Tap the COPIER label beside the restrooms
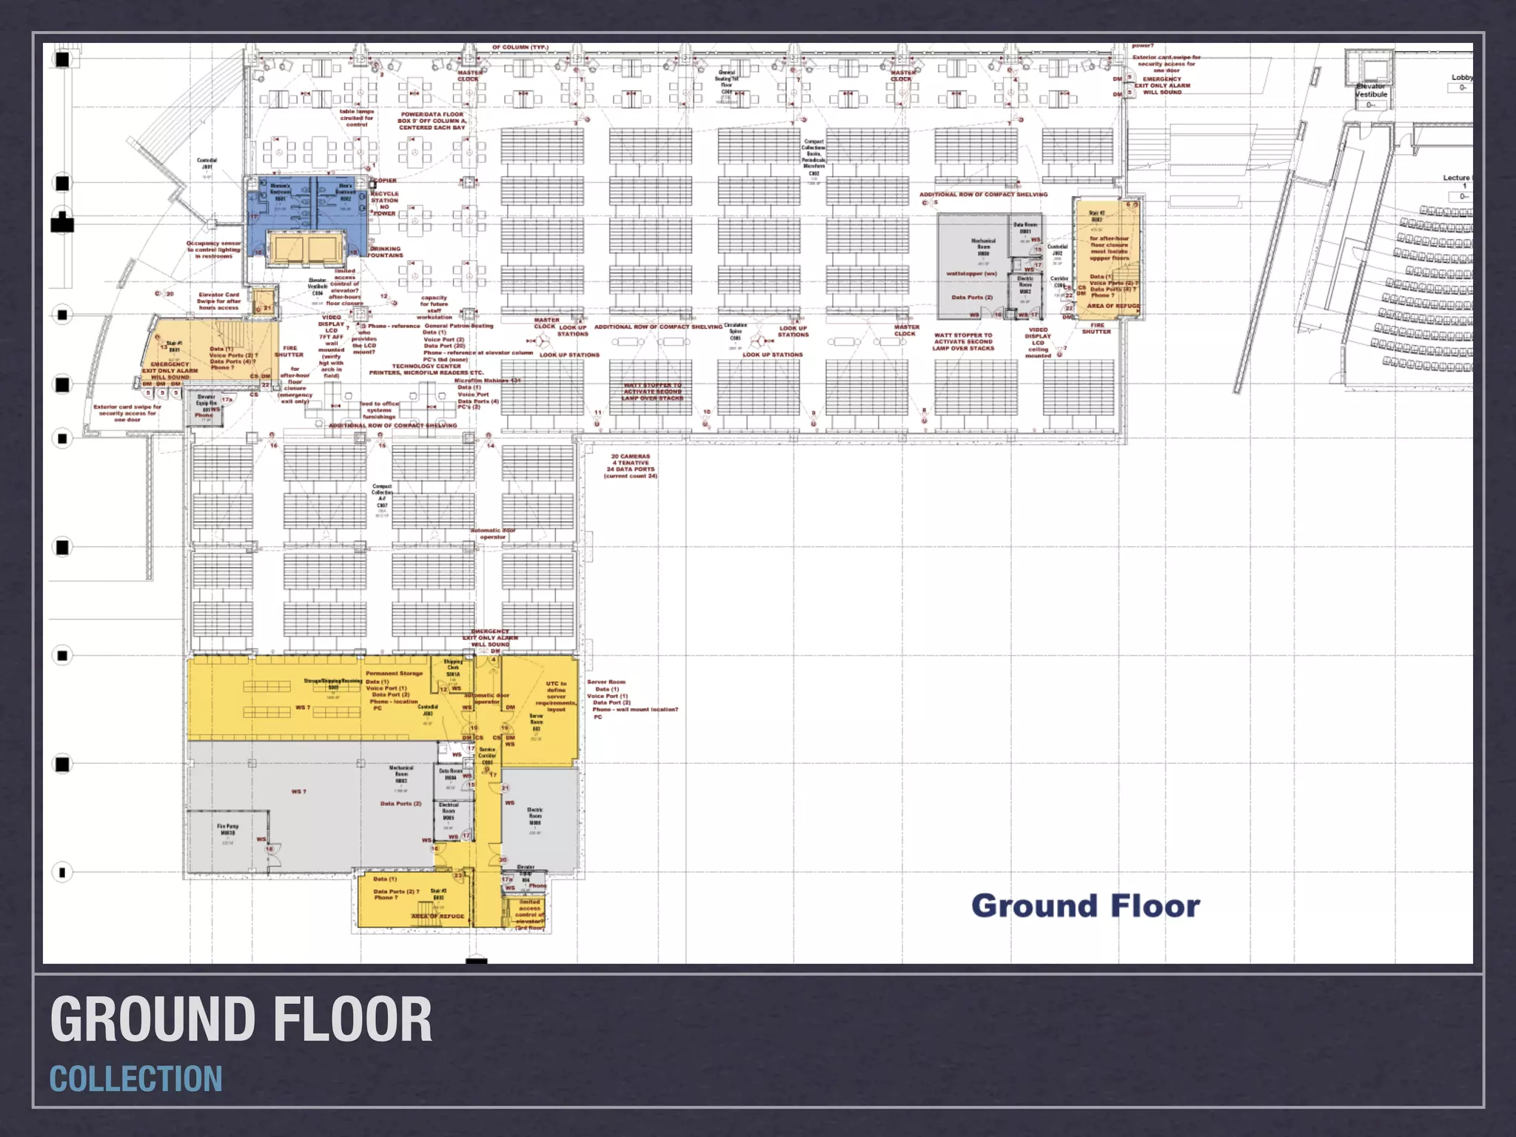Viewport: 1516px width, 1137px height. pyautogui.click(x=384, y=181)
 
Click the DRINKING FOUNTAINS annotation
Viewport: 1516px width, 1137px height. pyautogui.click(x=385, y=252)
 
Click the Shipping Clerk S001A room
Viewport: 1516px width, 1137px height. pyautogui.click(x=453, y=668)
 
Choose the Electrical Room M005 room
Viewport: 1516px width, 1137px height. pyautogui.click(x=449, y=811)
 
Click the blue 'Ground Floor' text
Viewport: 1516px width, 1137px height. pyautogui.click(x=1085, y=906)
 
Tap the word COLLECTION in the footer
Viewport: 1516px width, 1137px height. pyautogui.click(x=135, y=1079)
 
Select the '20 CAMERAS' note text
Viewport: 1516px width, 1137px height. pyautogui.click(x=630, y=457)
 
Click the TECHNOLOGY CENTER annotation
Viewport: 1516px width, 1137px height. pyautogui.click(x=426, y=366)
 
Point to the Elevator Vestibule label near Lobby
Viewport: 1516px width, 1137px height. pyautogui.click(x=1371, y=90)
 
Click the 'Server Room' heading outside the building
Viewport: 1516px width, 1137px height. pyautogui.click(x=606, y=682)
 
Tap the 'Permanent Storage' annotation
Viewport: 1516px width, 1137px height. pyautogui.click(x=394, y=674)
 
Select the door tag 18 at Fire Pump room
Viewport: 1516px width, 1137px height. pyautogui.click(x=269, y=849)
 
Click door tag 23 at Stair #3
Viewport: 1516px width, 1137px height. pyautogui.click(x=457, y=876)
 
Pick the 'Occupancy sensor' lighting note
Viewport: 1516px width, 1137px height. pyautogui.click(x=213, y=249)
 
